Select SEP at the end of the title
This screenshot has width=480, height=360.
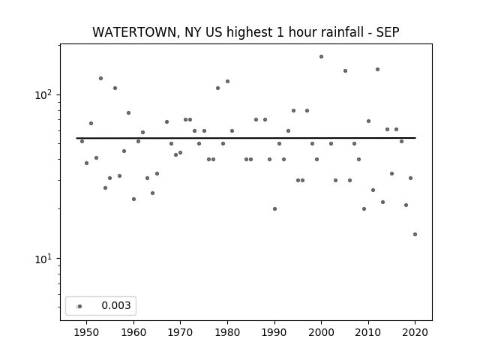click(388, 32)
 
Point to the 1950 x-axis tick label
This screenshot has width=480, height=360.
click(86, 332)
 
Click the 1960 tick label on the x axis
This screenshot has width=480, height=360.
click(133, 332)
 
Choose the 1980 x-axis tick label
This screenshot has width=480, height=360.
click(227, 332)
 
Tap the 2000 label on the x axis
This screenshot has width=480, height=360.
click(321, 332)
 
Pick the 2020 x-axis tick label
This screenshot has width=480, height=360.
click(415, 332)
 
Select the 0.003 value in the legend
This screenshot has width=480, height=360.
click(116, 305)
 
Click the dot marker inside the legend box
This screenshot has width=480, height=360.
click(80, 307)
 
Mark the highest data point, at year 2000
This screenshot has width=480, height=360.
click(321, 57)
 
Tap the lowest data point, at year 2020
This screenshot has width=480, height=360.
click(415, 235)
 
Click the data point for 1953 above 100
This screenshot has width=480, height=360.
click(100, 78)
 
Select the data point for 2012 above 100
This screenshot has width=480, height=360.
click(377, 70)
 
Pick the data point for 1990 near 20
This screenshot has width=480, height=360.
click(274, 208)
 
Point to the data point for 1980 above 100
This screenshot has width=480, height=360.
click(227, 82)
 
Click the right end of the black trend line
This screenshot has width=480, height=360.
click(415, 138)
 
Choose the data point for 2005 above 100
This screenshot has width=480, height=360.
click(345, 71)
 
